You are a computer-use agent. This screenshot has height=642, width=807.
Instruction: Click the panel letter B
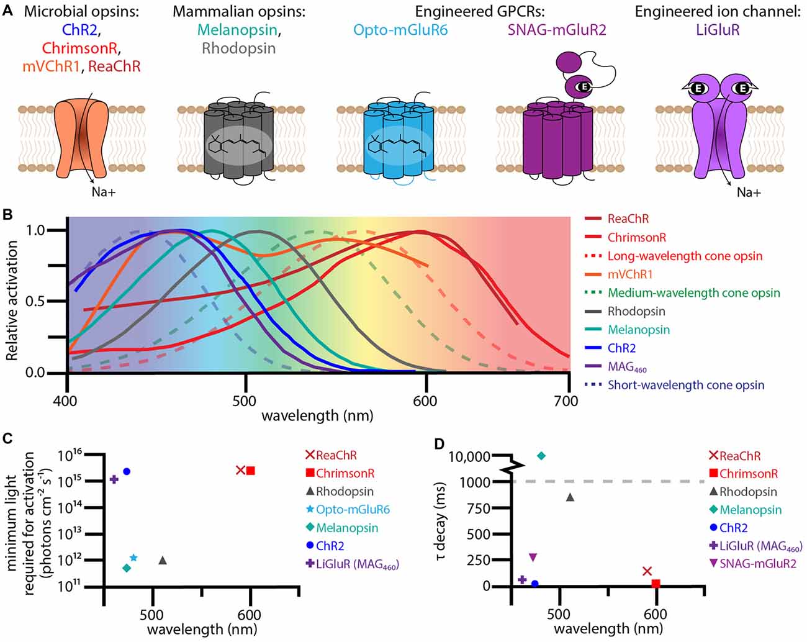[8, 215]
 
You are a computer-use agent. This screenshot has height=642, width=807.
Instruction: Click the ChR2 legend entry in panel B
[621, 348]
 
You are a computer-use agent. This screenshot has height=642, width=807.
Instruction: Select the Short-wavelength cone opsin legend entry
[685, 385]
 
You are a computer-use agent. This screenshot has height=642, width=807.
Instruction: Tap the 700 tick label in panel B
[566, 400]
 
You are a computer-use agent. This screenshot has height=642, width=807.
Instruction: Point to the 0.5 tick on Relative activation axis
[38, 301]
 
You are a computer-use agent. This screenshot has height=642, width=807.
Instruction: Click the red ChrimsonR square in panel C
[250, 471]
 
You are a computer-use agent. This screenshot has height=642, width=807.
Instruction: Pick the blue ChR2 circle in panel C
[127, 471]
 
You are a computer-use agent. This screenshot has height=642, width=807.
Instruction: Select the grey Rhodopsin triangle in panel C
[163, 560]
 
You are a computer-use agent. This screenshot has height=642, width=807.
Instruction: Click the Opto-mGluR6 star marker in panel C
[133, 558]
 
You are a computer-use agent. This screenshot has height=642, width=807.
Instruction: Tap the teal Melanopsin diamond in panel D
[541, 456]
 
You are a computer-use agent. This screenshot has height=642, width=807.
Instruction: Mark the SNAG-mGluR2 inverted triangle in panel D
[533, 557]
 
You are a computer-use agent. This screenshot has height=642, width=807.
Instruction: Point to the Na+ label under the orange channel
[104, 192]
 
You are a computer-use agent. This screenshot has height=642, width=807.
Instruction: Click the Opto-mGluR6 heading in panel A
[400, 29]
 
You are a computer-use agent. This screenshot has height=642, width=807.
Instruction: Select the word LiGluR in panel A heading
[718, 29]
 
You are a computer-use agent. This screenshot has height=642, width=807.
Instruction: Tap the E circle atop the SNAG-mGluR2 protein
[584, 87]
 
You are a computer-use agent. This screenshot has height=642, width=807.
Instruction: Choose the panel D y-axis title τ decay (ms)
[441, 520]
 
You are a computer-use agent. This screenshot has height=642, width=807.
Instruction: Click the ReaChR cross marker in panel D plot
[647, 571]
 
